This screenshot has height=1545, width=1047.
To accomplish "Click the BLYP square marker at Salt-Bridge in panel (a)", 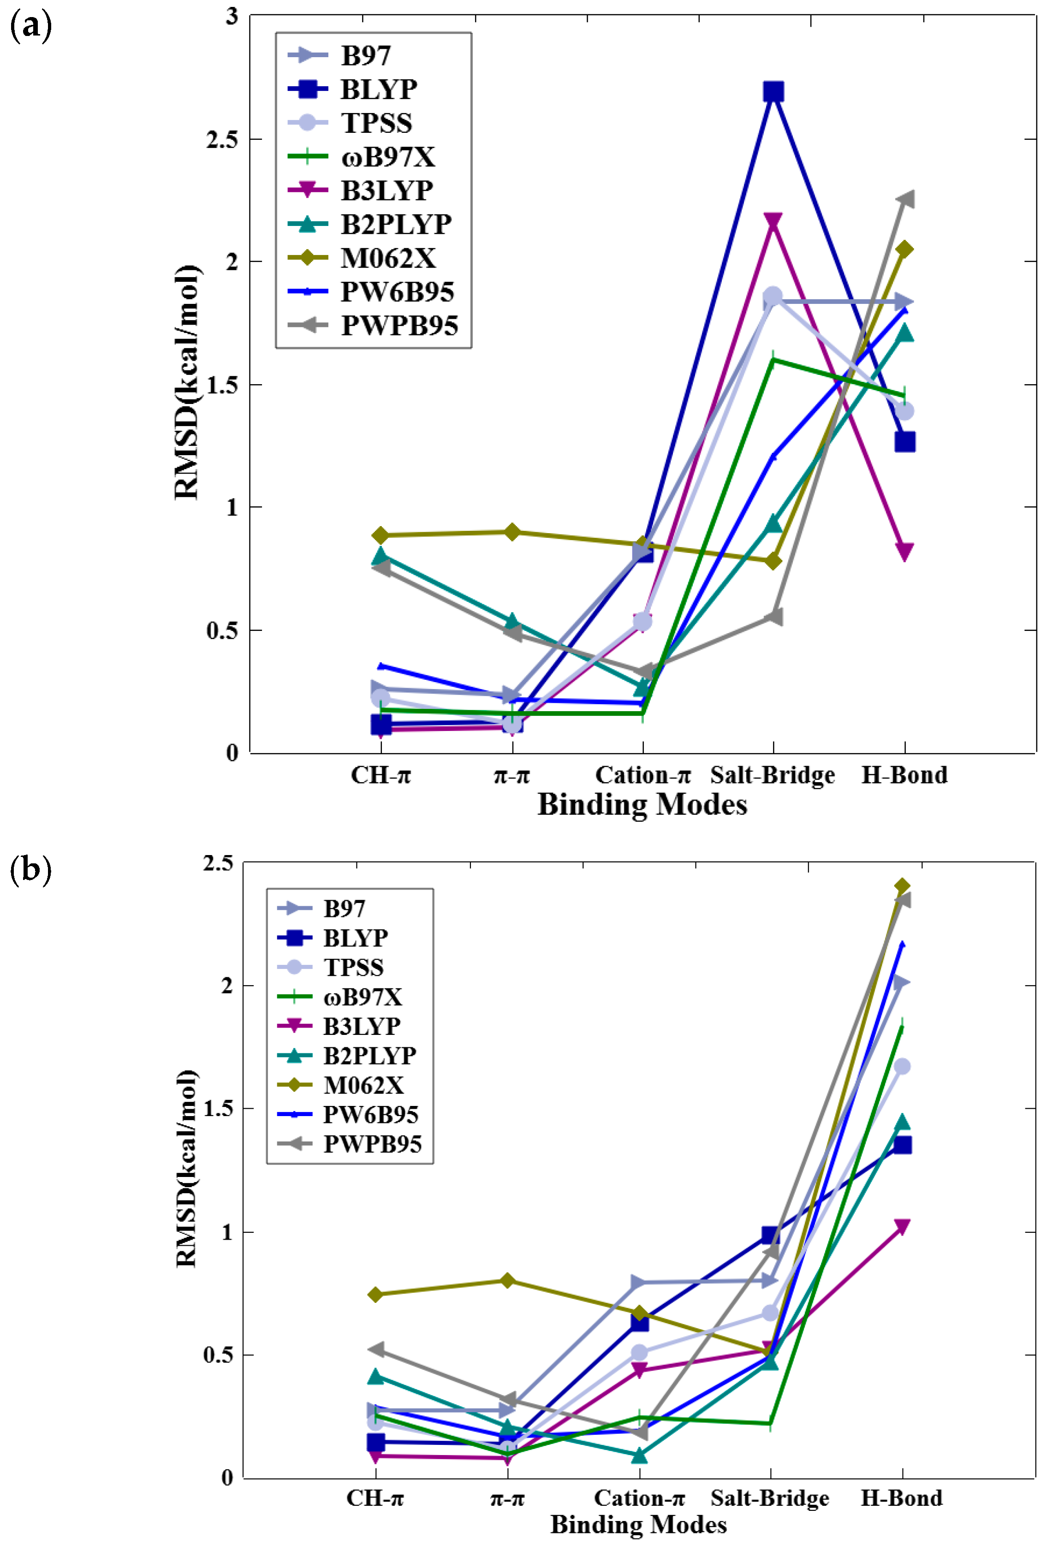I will [x=773, y=92].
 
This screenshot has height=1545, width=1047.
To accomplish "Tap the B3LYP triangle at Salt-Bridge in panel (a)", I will [x=773, y=221].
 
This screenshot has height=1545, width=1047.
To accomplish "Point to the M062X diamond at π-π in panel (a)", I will [x=511, y=532].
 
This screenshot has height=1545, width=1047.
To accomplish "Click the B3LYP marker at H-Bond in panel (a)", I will [x=904, y=551].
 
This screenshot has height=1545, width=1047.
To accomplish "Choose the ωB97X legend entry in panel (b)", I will [x=362, y=997].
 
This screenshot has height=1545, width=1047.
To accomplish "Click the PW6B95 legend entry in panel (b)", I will [x=370, y=1114].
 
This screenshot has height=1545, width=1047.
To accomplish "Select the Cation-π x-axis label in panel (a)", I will [x=642, y=775].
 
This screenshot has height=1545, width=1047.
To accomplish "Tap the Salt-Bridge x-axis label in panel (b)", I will [x=770, y=1498].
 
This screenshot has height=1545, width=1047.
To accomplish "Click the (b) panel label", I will [x=30, y=869].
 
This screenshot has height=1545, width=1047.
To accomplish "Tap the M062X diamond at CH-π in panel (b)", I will [x=375, y=1295].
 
